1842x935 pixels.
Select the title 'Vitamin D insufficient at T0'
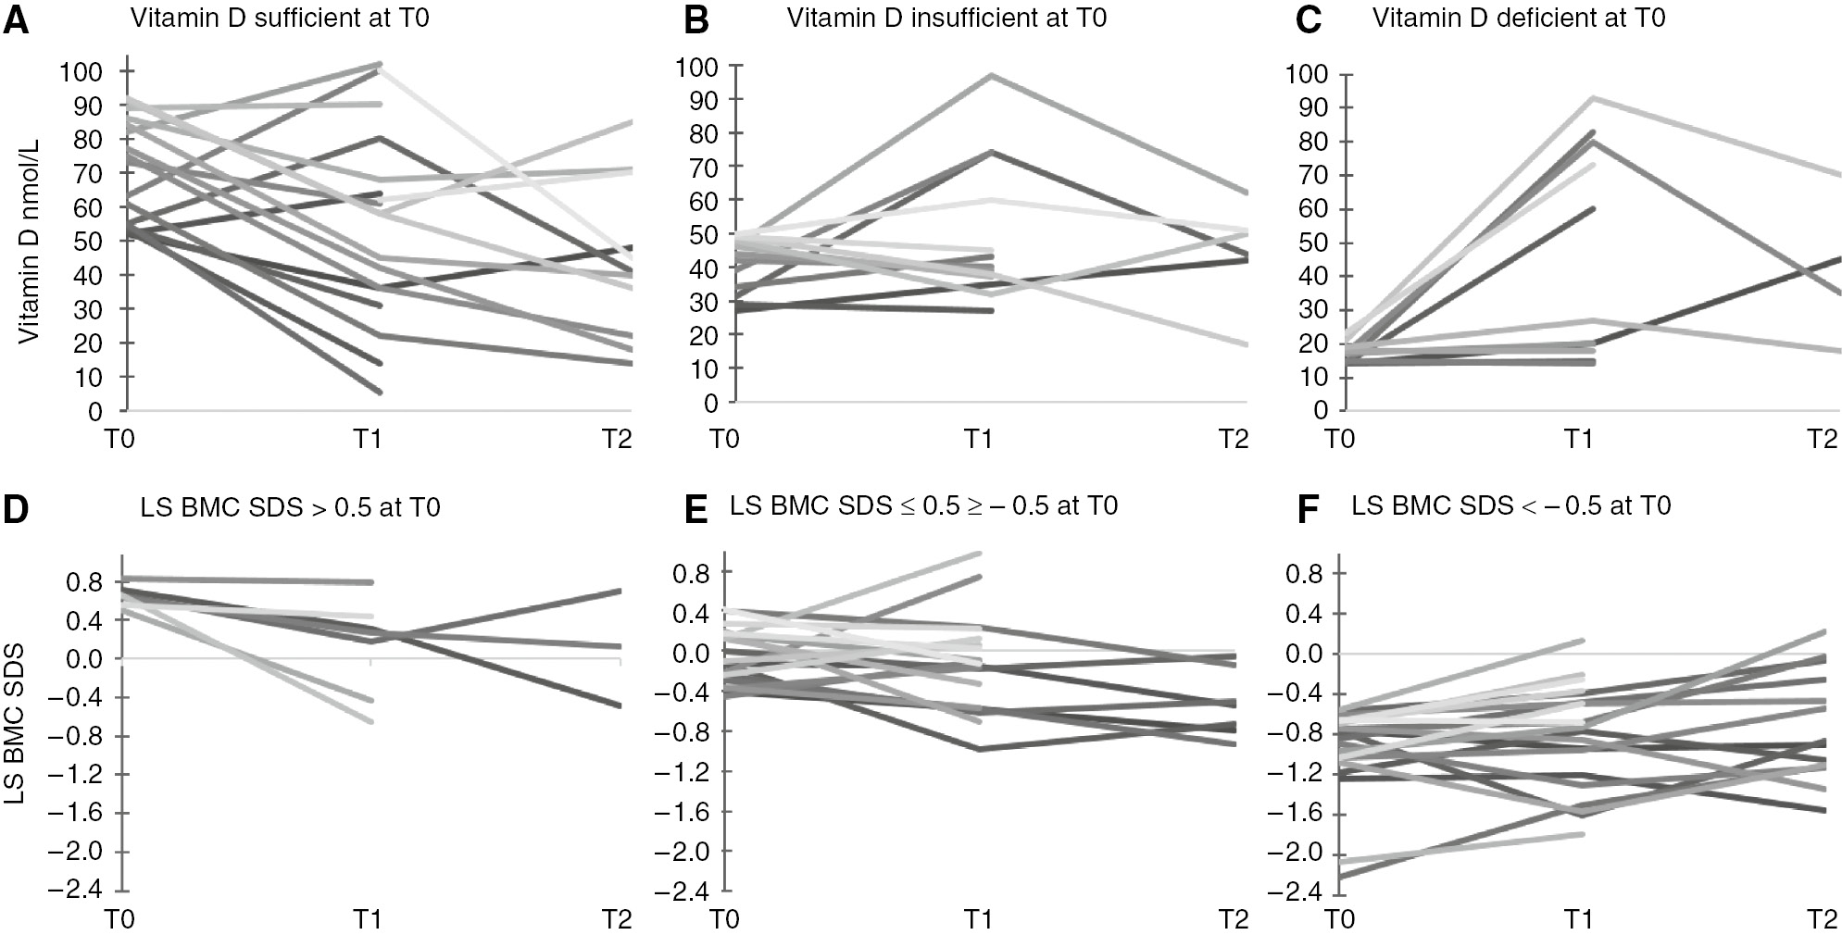tap(946, 19)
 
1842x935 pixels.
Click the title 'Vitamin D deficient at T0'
tap(1519, 19)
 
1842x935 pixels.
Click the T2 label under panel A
tap(617, 438)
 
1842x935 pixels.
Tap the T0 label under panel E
tap(725, 921)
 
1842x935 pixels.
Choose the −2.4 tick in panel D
tap(83, 891)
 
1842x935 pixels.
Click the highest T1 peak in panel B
tap(992, 75)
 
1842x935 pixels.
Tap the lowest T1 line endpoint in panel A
tap(380, 393)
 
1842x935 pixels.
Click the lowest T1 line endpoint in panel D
tap(371, 721)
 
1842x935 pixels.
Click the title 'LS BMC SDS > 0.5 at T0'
tap(291, 507)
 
